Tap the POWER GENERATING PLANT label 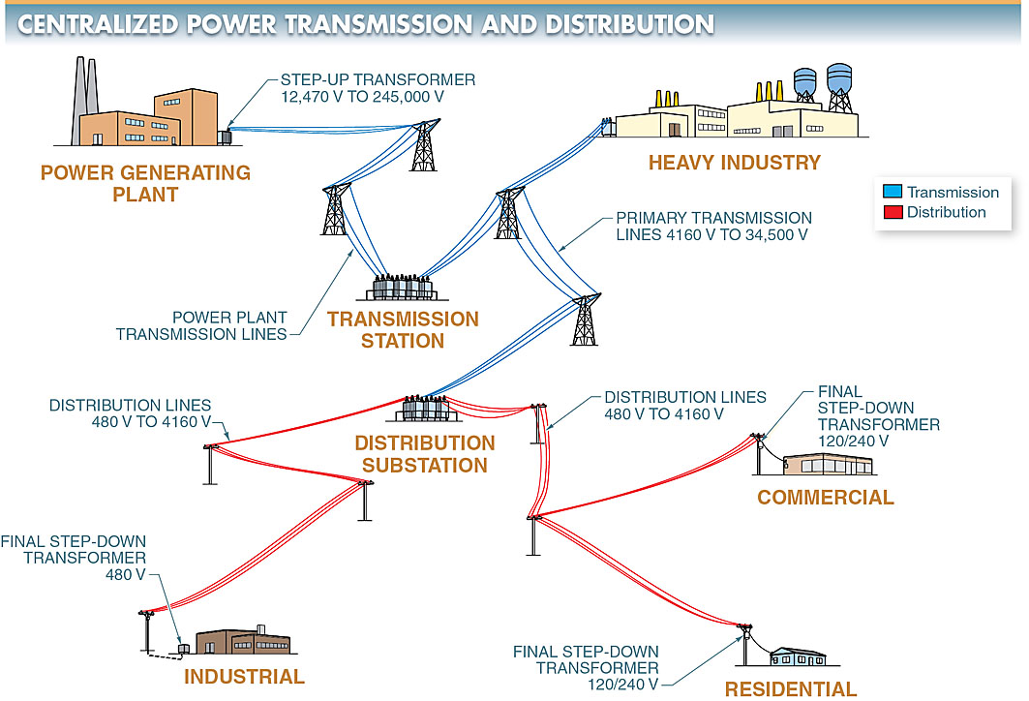point(145,184)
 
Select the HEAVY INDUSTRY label point(734,163)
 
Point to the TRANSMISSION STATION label point(403,329)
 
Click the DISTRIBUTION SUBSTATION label point(424,454)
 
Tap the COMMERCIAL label point(825,498)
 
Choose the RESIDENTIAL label point(791,689)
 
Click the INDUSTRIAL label point(244,676)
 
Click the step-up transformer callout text point(378,87)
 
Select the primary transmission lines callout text point(713,227)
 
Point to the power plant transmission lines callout point(201,325)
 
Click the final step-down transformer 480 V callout point(75,558)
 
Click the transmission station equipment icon point(403,289)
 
